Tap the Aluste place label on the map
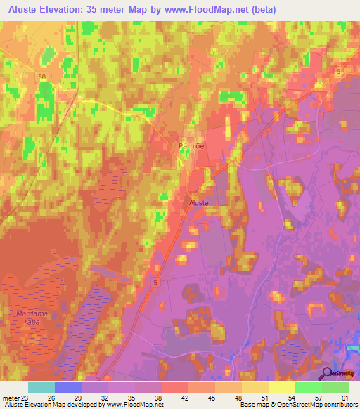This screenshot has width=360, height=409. (198, 202)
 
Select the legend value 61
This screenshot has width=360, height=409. (345, 397)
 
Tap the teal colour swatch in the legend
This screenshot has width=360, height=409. (41, 387)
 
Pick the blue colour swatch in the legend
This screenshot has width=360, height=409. (68, 387)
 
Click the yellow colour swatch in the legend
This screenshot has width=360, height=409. (281, 387)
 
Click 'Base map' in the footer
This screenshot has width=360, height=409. (255, 405)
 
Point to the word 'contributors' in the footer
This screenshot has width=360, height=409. (338, 405)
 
